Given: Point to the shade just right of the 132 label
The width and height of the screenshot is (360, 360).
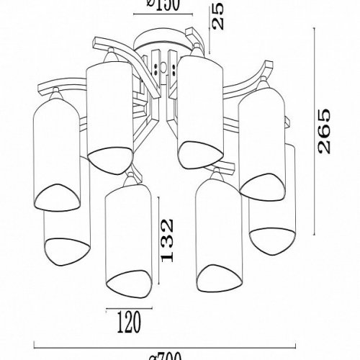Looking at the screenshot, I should point(218,230).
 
